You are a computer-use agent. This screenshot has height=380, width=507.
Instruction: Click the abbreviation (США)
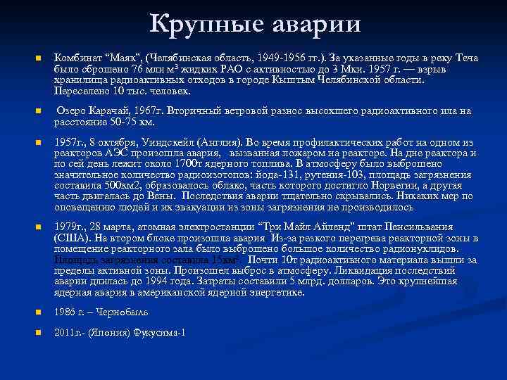pyautogui.click(x=73, y=238)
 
